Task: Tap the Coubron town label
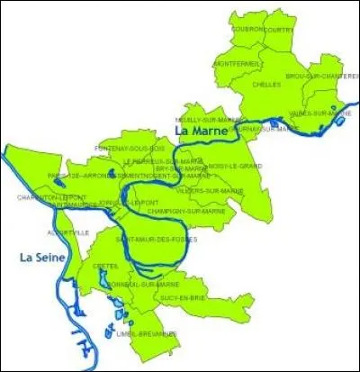tap(247, 29)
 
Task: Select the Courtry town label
tap(279, 29)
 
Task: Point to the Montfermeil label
tap(238, 63)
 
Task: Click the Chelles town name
tap(267, 84)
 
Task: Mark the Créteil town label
tap(105, 266)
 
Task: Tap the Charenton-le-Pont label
tap(52, 196)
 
